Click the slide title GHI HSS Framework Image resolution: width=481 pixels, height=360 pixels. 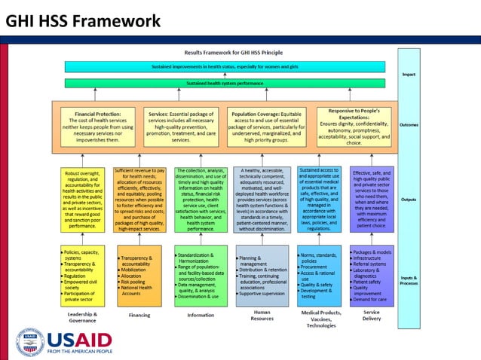click(83, 20)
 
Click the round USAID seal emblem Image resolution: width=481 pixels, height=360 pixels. click(30, 341)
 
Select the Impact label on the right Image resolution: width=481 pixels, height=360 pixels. click(409, 75)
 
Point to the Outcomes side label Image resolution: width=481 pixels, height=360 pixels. click(409, 125)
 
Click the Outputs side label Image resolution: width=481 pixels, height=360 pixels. click(409, 200)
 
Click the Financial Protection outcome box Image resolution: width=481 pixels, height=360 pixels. click(99, 125)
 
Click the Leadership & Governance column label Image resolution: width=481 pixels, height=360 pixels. click(81, 316)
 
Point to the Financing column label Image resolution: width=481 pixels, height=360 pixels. click(139, 316)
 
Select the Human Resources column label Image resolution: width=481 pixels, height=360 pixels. click(262, 316)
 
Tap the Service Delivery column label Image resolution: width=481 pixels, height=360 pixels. click(371, 316)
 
